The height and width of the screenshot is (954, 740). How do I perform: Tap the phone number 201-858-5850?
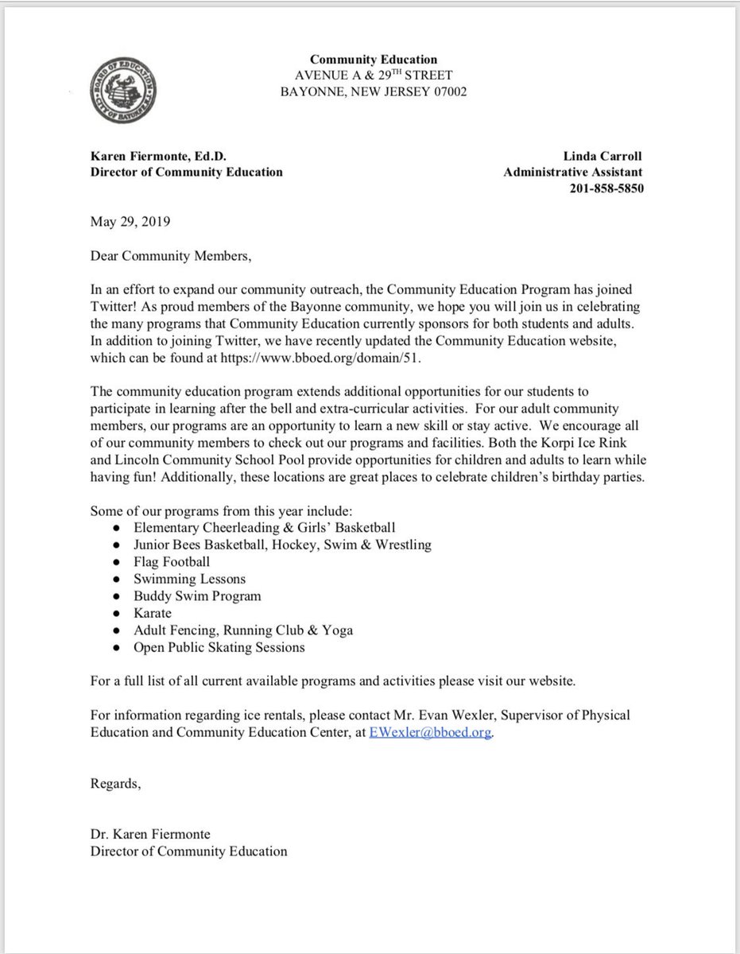[606, 188]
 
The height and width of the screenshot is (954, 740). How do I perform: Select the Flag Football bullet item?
[172, 561]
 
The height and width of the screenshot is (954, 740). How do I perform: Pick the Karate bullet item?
[153, 613]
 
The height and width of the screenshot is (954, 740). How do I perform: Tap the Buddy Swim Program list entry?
[197, 595]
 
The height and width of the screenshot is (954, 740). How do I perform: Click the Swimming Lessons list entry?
[190, 579]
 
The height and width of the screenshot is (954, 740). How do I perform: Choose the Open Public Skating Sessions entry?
[219, 647]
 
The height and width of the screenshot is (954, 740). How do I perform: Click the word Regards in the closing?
[115, 785]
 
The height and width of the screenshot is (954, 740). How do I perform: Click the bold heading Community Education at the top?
[373, 60]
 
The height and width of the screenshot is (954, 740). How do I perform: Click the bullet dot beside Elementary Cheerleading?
[117, 527]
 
